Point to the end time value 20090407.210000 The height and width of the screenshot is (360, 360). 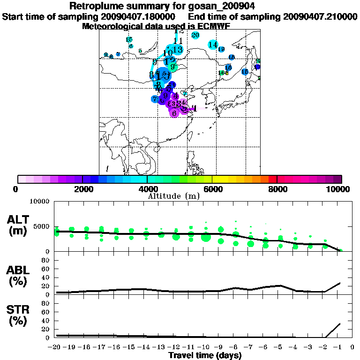(x=321, y=16)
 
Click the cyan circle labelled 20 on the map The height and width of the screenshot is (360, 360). (x=195, y=35)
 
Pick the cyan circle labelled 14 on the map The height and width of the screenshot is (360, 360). (x=213, y=45)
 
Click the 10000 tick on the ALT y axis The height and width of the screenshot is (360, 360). (x=41, y=202)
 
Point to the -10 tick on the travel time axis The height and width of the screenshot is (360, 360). (x=203, y=347)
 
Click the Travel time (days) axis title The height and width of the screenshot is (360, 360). (x=205, y=355)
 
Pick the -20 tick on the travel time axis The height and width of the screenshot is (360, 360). (x=54, y=347)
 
